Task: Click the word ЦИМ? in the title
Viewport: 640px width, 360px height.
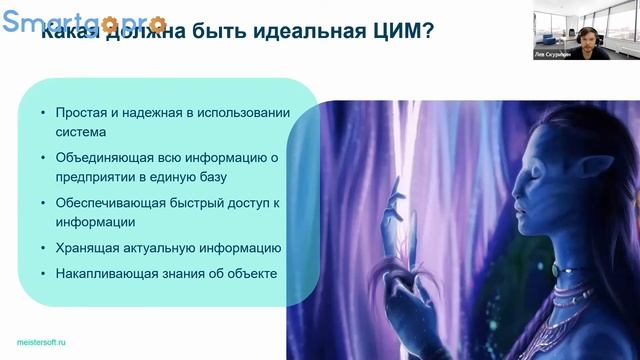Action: tap(397, 33)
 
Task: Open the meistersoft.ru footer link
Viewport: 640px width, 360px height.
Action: tap(33, 341)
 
